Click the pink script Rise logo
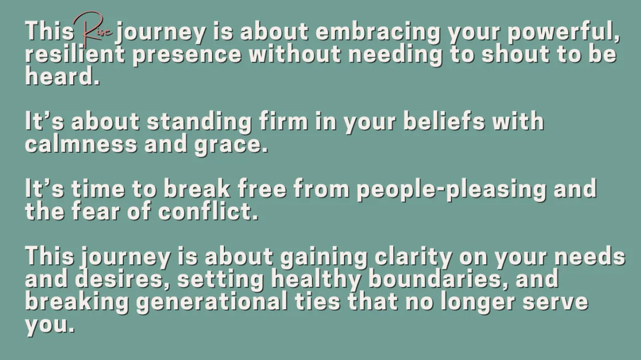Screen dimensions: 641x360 pyautogui.click(x=91, y=30)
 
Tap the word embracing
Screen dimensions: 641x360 pyautogui.click(x=378, y=33)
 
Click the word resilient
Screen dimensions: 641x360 pyautogui.click(x=75, y=54)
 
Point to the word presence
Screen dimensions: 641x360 pyautogui.click(x=187, y=56)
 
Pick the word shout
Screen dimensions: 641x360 pyautogui.click(x=515, y=54)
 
